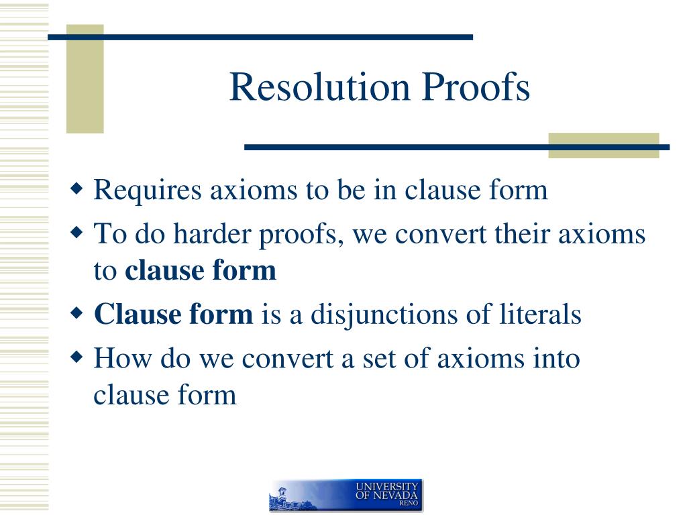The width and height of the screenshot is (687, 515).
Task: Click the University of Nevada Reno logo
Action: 346,496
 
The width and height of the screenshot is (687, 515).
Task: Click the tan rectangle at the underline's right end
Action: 603,146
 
